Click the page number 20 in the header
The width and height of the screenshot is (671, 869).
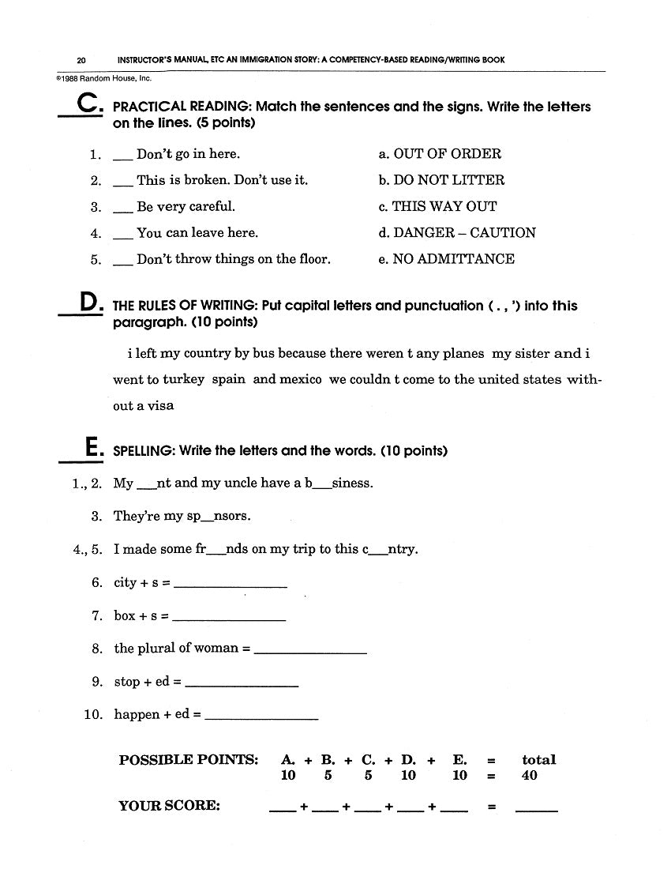pos(81,60)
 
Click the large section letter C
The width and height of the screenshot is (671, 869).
pos(87,106)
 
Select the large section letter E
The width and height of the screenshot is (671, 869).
pos(92,450)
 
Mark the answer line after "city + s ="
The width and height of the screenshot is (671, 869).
pos(230,586)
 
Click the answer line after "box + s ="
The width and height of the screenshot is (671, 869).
pos(228,619)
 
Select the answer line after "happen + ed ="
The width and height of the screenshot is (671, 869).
pos(261,718)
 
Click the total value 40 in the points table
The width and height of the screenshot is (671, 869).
pos(530,776)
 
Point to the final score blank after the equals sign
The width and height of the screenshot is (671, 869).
pos(536,811)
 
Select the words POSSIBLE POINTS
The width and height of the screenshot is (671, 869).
pos(189,760)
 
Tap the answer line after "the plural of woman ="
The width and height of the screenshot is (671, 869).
pos(312,653)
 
